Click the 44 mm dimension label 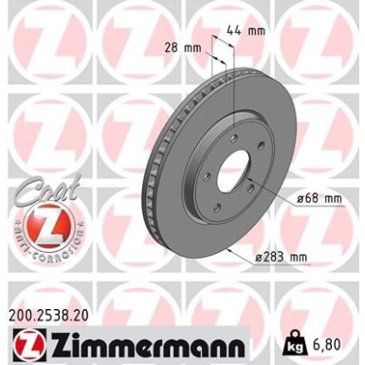253,30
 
